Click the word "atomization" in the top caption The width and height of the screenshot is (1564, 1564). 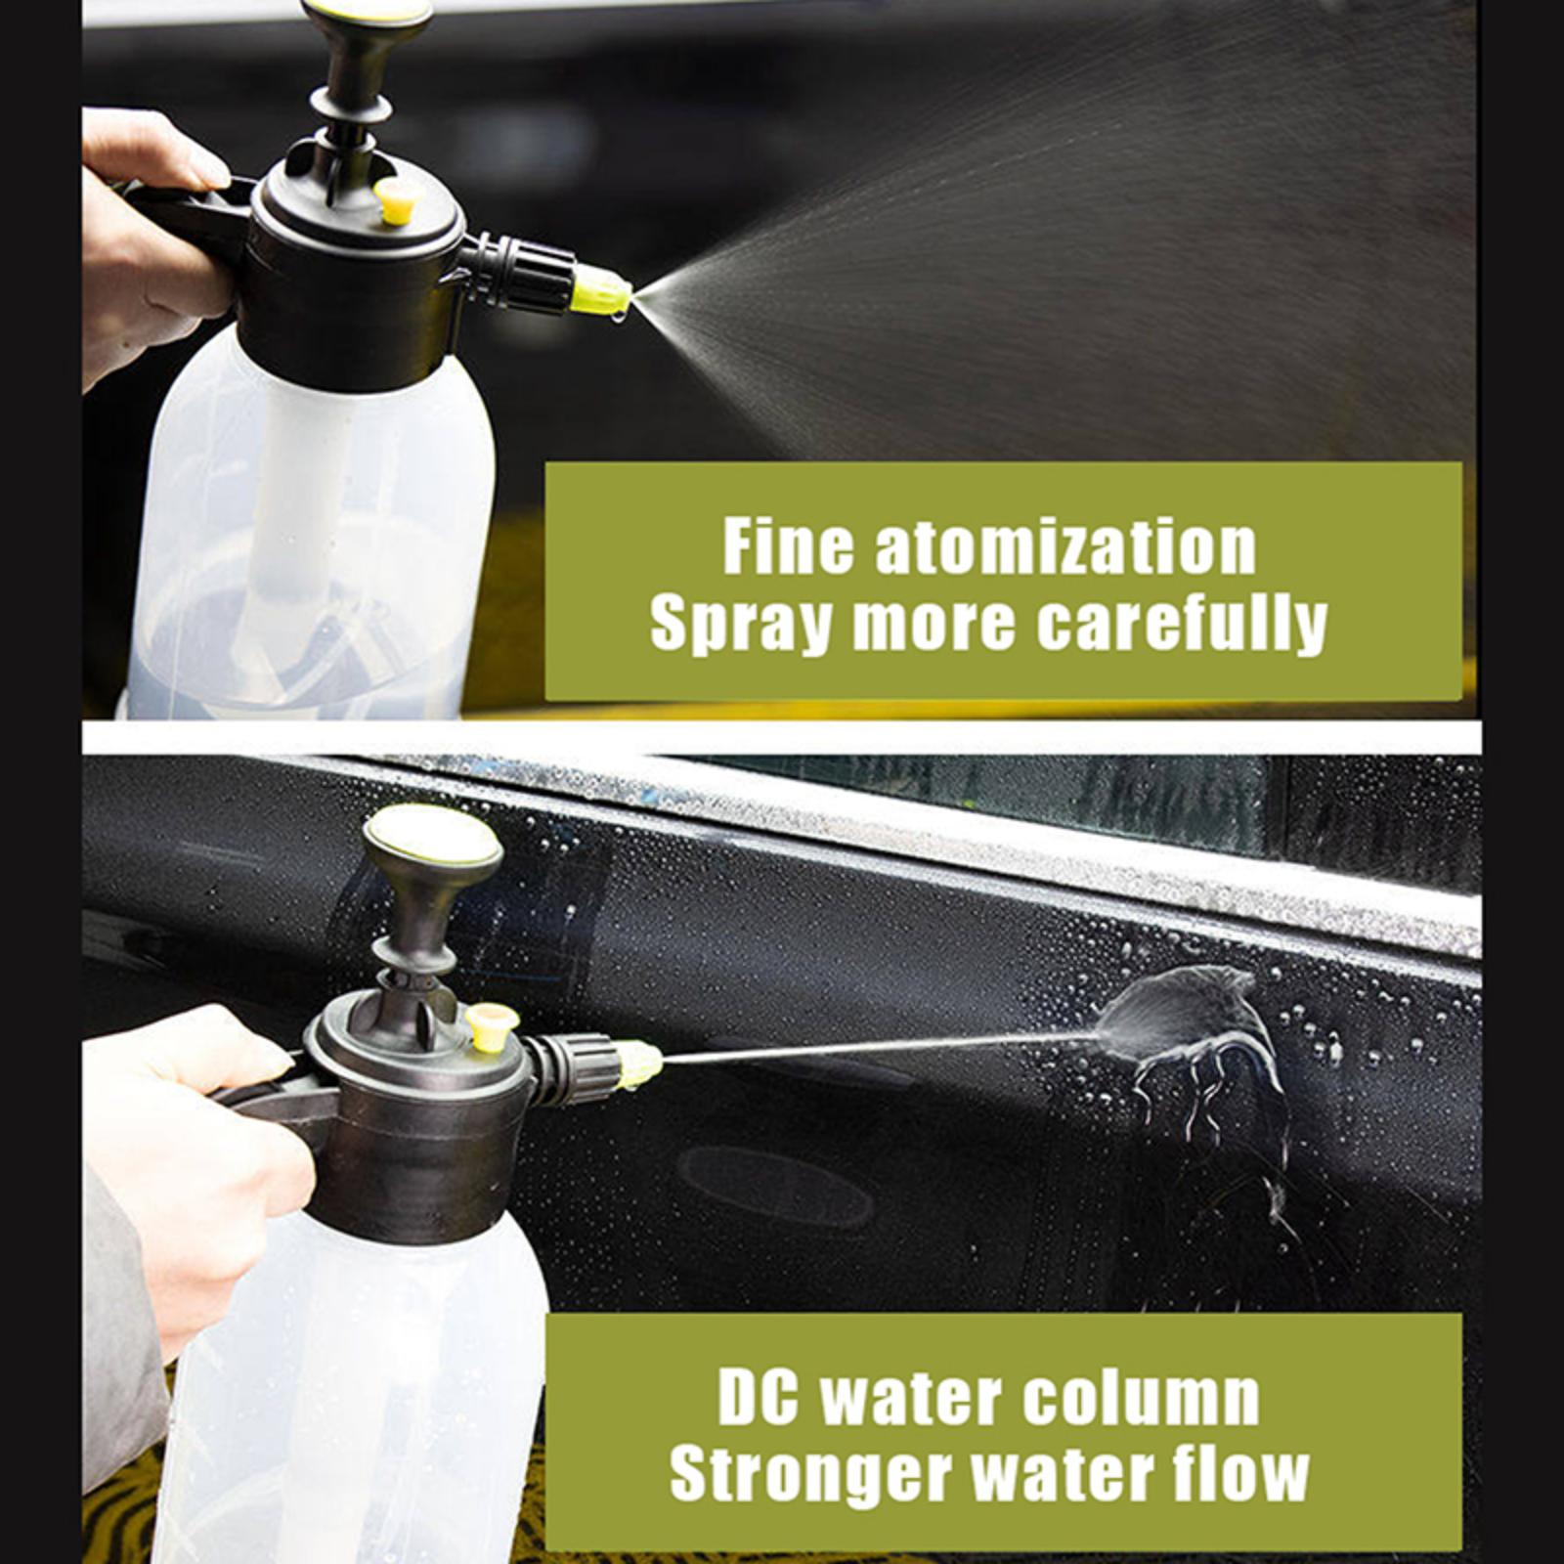tap(1065, 547)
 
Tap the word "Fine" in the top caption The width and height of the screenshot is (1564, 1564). tap(786, 547)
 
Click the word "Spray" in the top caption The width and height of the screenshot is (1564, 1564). tap(742, 626)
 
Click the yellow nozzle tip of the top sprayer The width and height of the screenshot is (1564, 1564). tap(600, 291)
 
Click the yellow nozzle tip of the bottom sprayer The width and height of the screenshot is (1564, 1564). tap(639, 1064)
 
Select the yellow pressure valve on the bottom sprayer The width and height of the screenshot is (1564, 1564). tap(492, 1027)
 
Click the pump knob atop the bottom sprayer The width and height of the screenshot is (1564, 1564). tap(432, 842)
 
